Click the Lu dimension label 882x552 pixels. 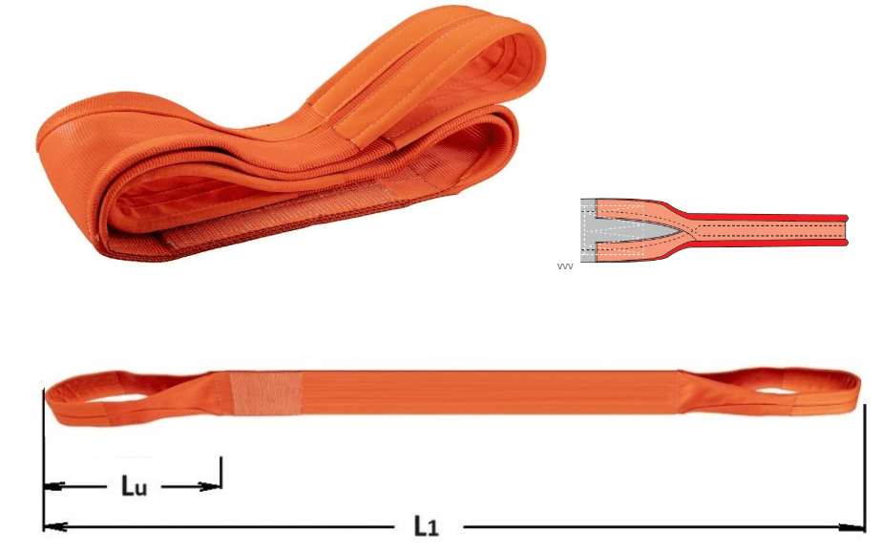point(134,485)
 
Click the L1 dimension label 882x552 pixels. point(427,525)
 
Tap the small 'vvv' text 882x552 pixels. point(565,266)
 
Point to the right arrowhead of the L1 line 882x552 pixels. point(852,527)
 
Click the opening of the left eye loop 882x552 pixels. point(120,393)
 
